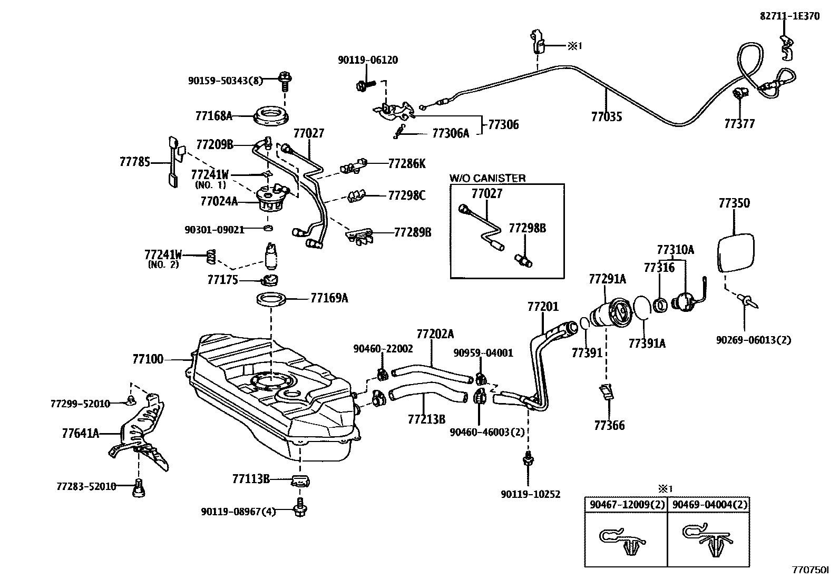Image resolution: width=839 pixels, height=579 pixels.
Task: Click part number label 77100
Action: tap(148, 359)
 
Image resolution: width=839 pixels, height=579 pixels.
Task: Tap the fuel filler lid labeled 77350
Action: tap(736, 253)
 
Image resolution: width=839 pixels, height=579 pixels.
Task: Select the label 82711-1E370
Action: tap(789, 16)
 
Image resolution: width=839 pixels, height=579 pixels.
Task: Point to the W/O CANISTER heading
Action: tap(487, 178)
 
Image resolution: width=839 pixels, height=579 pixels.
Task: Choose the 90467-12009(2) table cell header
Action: tap(626, 505)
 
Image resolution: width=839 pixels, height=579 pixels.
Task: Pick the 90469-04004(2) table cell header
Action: tap(708, 505)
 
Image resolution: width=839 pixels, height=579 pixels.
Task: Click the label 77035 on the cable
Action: tap(606, 117)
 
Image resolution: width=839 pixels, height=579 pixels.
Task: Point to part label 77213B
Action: tap(426, 419)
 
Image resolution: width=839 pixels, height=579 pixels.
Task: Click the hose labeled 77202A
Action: tap(432, 374)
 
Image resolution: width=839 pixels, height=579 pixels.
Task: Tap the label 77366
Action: tap(609, 425)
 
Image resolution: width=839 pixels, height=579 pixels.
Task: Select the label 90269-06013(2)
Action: tap(753, 340)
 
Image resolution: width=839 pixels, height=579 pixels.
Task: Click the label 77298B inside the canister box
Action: tap(527, 228)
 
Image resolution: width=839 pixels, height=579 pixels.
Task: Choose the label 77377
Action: tap(739, 124)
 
